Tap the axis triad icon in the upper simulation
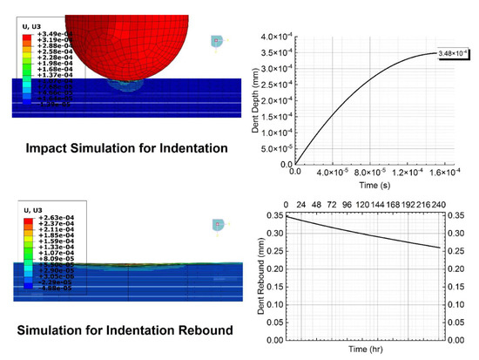click(x=218, y=42)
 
